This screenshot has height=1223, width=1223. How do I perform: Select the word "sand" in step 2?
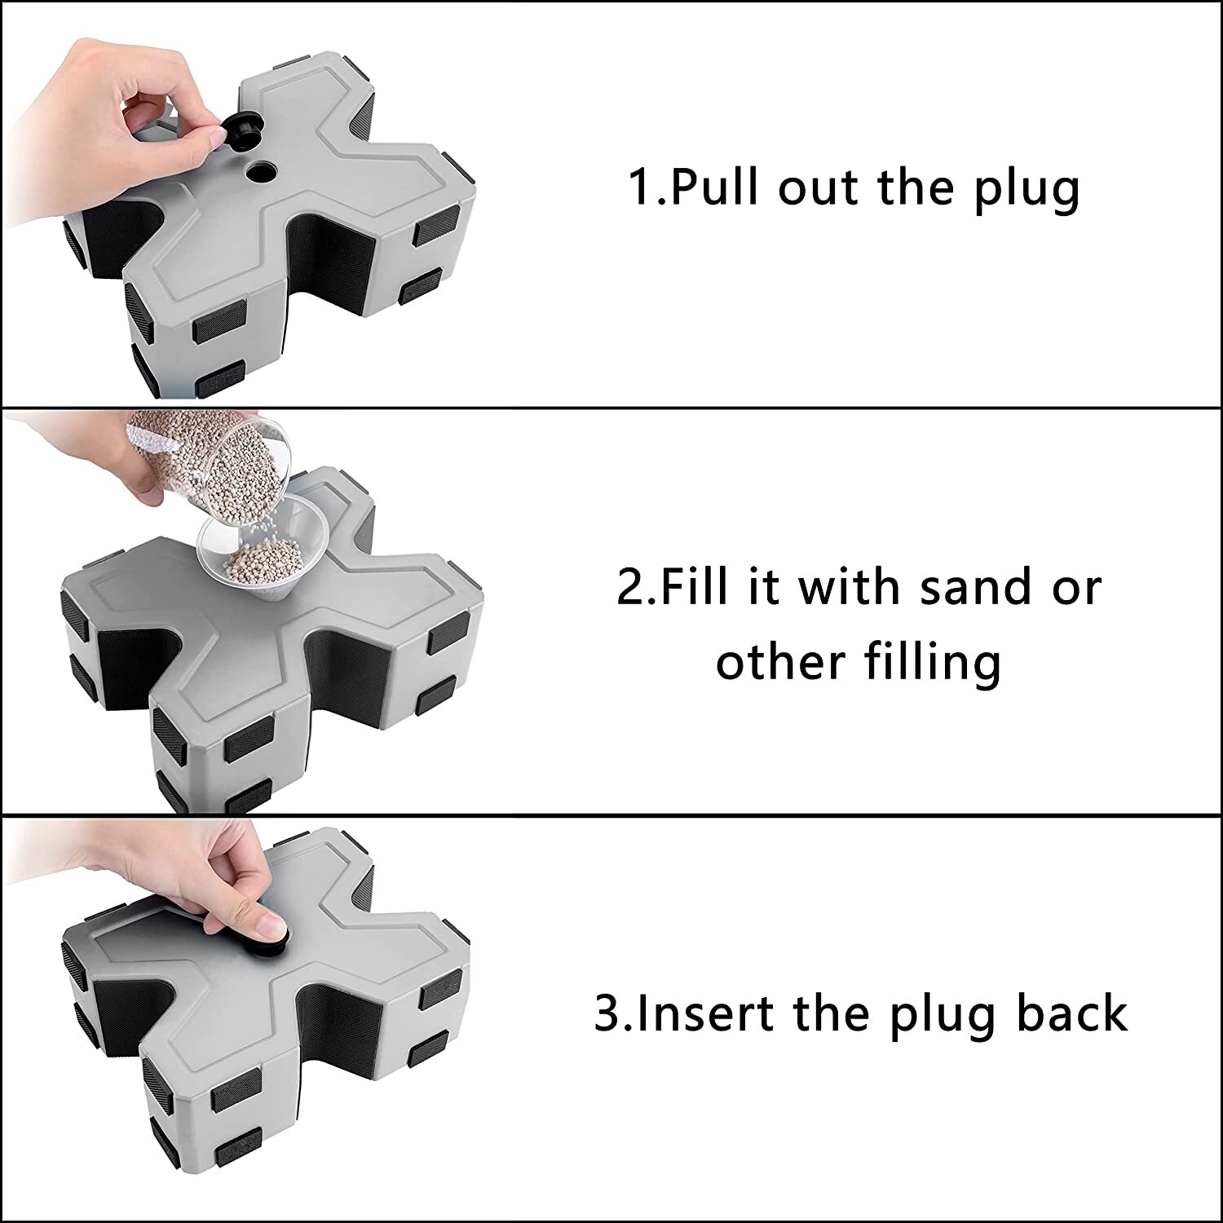[x=977, y=587]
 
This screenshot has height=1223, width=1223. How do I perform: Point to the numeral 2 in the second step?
[x=631, y=586]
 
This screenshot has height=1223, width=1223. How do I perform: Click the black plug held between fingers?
[x=239, y=130]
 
